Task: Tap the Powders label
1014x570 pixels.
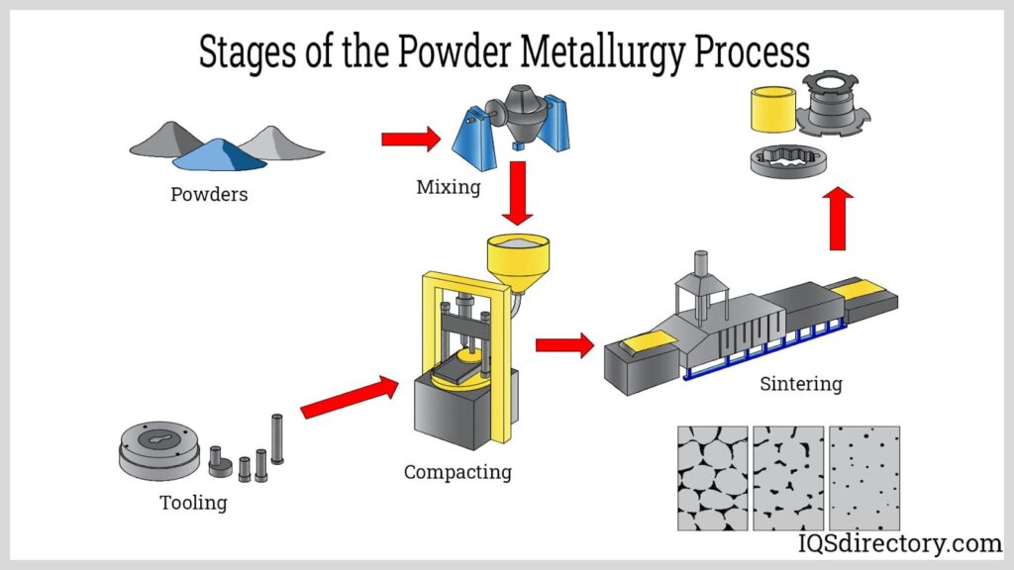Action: pos(209,194)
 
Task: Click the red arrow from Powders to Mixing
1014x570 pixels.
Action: pos(410,139)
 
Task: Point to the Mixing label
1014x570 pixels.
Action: pos(448,186)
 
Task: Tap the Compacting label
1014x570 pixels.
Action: pos(457,472)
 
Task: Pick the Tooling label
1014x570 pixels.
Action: pos(193,503)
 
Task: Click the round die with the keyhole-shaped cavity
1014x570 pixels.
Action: pos(158,450)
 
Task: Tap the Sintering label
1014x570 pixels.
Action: pos(800,383)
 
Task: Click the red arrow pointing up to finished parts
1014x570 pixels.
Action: pos(838,219)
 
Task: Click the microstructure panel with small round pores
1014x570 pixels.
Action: pos(863,478)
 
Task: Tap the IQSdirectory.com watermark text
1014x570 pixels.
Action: pos(899,543)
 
